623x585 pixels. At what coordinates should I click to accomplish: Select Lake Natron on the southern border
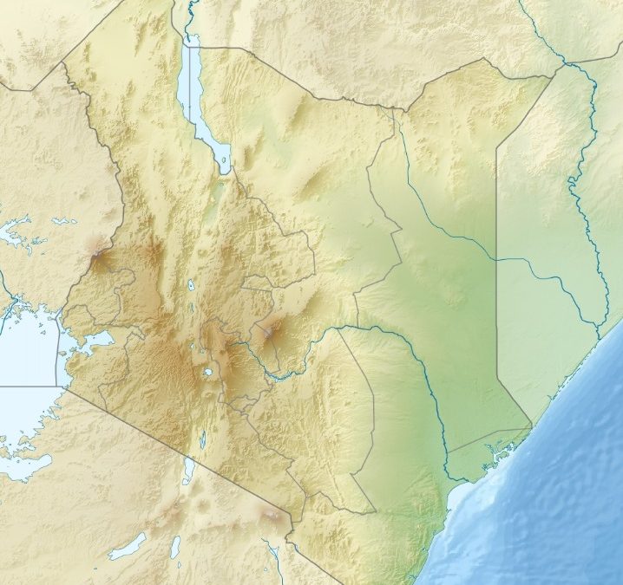pyautogui.click(x=189, y=471)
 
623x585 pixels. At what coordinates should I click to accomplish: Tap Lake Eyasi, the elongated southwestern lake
pyautogui.click(x=127, y=546)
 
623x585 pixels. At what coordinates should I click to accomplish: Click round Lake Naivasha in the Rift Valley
pyautogui.click(x=209, y=374)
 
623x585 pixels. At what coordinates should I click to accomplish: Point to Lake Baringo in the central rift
pyautogui.click(x=191, y=283)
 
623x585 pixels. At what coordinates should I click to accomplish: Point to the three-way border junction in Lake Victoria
pyautogui.click(x=57, y=386)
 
